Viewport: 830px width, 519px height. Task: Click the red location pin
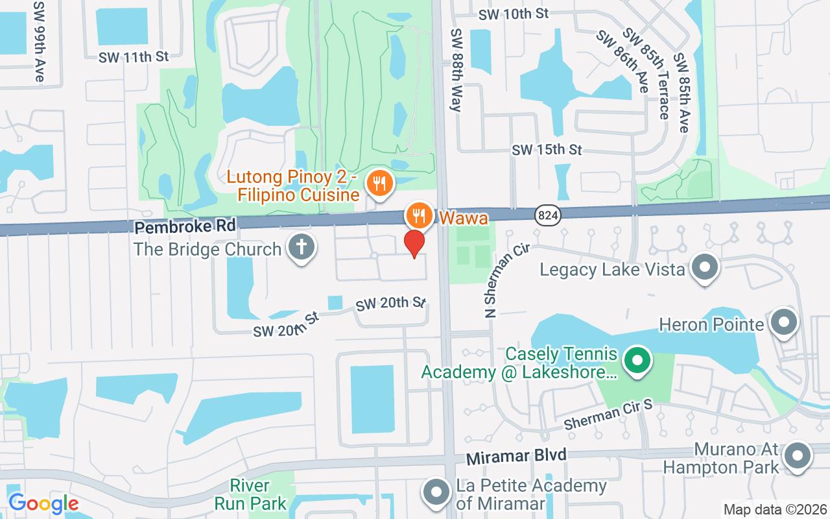click(414, 243)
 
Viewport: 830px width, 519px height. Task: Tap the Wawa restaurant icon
click(420, 214)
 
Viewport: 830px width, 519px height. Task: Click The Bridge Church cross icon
click(301, 247)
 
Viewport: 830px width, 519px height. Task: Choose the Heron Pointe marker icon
click(783, 322)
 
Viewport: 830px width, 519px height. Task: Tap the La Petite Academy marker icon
click(437, 492)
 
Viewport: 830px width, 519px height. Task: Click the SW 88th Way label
click(457, 70)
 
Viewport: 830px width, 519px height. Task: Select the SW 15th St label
click(547, 150)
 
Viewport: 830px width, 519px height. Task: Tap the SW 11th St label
click(134, 57)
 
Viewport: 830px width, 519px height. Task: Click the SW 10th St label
click(514, 13)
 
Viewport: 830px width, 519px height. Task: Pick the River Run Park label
click(250, 494)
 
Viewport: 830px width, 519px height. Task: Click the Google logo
click(43, 503)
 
